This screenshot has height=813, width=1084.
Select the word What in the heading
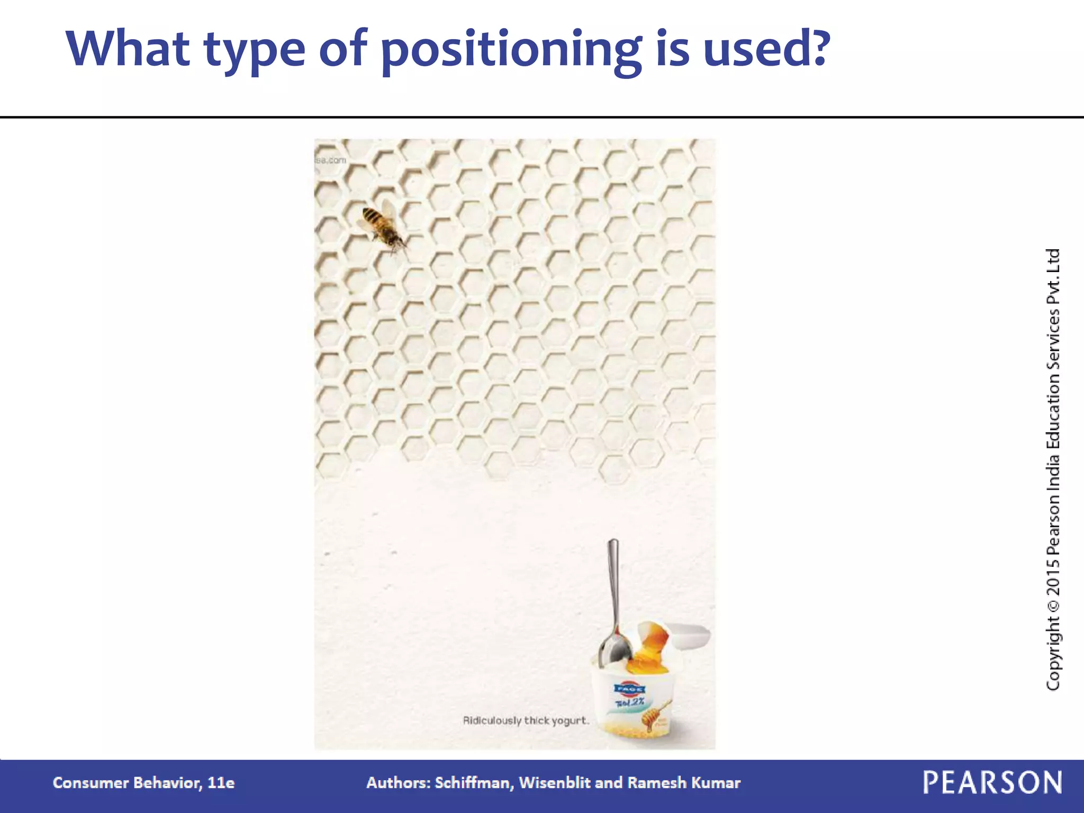[128, 49]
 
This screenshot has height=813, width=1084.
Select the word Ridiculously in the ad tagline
[492, 721]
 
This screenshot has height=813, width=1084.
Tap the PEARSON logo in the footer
[992, 782]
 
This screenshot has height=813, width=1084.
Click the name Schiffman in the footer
[474, 783]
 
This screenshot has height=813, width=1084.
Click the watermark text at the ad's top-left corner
[331, 160]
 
